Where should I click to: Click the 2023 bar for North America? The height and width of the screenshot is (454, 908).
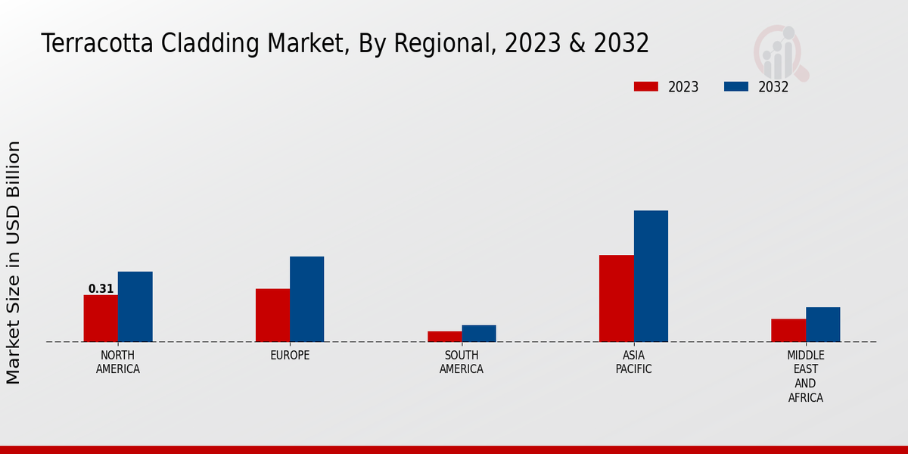coord(101,319)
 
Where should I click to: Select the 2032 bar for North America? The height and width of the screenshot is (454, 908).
coord(135,306)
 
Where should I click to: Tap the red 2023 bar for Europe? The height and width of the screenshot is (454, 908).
coord(272,316)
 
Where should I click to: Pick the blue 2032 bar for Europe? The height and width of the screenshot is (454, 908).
coord(306,299)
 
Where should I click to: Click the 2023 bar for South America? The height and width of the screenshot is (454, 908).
coord(444,337)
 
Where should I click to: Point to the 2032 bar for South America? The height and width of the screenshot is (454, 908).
coord(479,334)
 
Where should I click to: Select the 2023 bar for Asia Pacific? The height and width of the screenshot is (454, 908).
coord(616,298)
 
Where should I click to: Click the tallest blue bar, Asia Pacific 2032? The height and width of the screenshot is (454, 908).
coord(651,276)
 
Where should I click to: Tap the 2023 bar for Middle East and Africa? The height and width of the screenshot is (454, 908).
coord(788,331)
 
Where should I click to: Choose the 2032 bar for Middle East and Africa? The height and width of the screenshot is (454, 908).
coord(822,325)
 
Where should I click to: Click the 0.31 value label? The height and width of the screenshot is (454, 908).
coord(101,289)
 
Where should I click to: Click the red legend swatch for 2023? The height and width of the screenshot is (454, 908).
coord(645,87)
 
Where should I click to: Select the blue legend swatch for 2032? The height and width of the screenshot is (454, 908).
coord(735,87)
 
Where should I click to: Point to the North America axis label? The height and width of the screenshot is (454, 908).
coord(118,362)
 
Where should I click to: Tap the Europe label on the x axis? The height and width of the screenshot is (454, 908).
coord(290,356)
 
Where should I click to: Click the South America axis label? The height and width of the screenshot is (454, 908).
coord(462,362)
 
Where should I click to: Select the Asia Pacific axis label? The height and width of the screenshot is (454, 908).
coord(633,362)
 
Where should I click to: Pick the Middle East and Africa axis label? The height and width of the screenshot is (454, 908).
coord(805,377)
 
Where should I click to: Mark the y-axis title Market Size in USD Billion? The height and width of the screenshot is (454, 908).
coord(14,262)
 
